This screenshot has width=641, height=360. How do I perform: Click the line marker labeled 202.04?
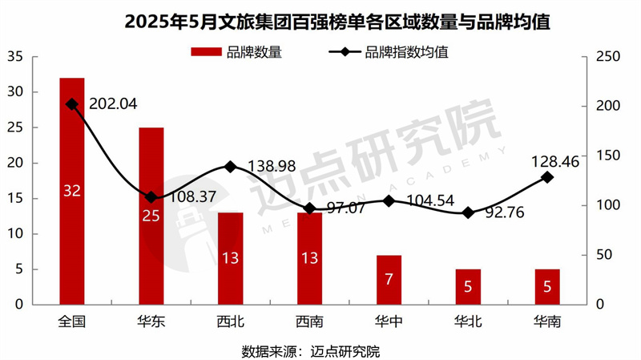(x=72, y=104)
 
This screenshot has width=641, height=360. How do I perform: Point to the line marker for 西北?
(x=230, y=167)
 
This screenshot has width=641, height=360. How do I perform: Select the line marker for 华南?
(x=547, y=177)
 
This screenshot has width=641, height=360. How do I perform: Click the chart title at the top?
(x=320, y=22)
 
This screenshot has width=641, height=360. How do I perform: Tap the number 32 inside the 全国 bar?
(x=72, y=191)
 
